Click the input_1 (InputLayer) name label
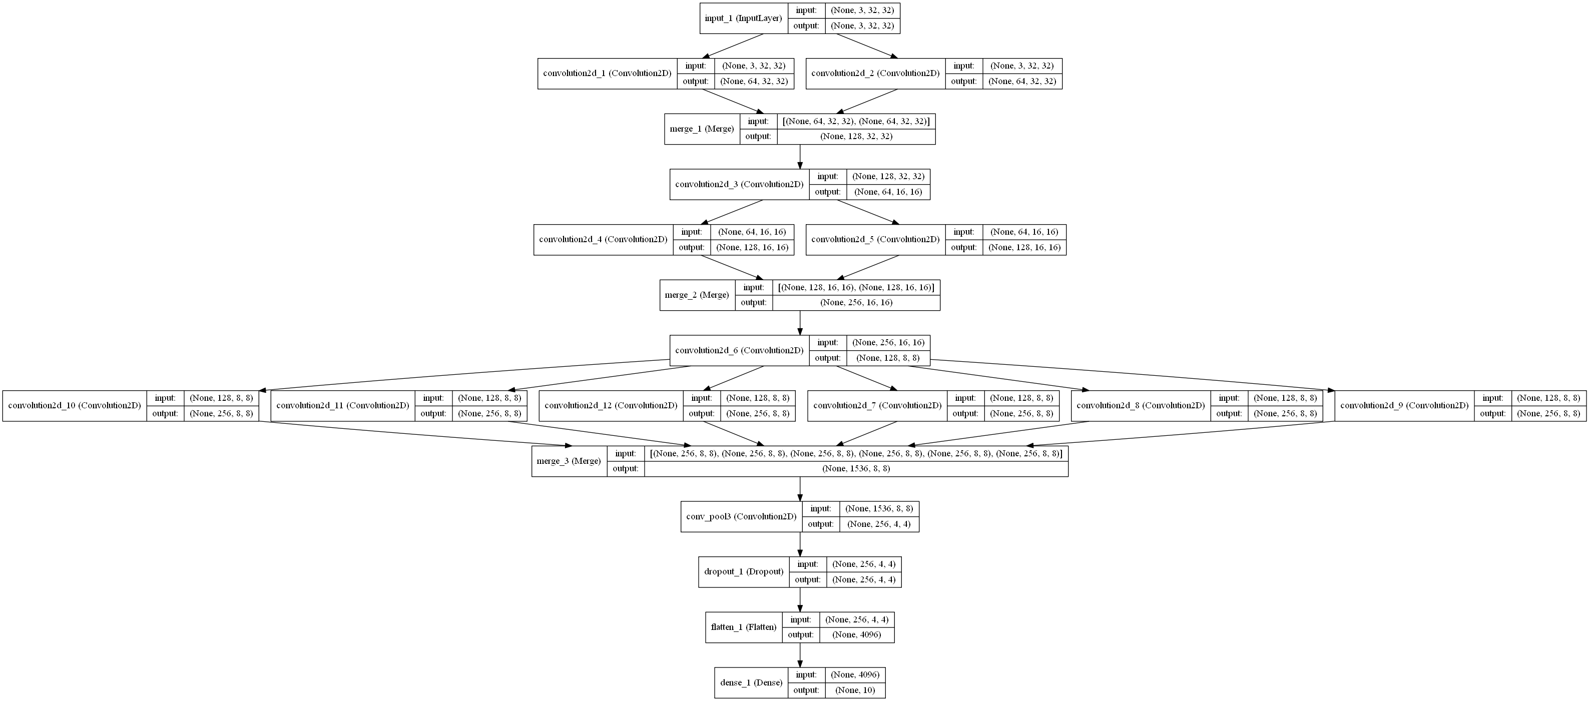[x=743, y=19]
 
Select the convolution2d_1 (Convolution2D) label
[x=607, y=74]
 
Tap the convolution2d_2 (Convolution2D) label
[x=875, y=74]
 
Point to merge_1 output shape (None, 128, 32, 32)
[x=856, y=136]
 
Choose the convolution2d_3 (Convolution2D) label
[x=739, y=184]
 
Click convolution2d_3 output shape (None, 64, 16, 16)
[x=888, y=192]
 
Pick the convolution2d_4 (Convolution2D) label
[x=603, y=239]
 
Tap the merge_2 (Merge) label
[x=697, y=295]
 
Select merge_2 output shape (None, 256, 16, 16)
[x=856, y=302]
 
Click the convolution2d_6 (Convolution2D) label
[x=739, y=350]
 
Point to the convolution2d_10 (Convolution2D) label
[x=74, y=406]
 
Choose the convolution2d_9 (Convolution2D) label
[x=1404, y=406]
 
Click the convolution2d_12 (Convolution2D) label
[x=611, y=406]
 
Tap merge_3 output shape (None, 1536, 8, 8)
[x=856, y=468]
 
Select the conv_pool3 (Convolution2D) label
[x=741, y=517]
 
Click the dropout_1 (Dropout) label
[x=743, y=571]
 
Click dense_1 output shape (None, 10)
[x=855, y=690]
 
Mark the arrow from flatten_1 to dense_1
[x=800, y=655]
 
